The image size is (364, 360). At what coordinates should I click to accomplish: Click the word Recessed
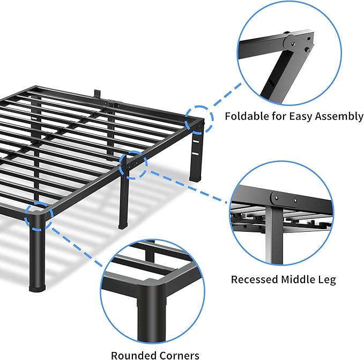point(254,280)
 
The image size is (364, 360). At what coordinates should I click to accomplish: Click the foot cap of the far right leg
point(195,176)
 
